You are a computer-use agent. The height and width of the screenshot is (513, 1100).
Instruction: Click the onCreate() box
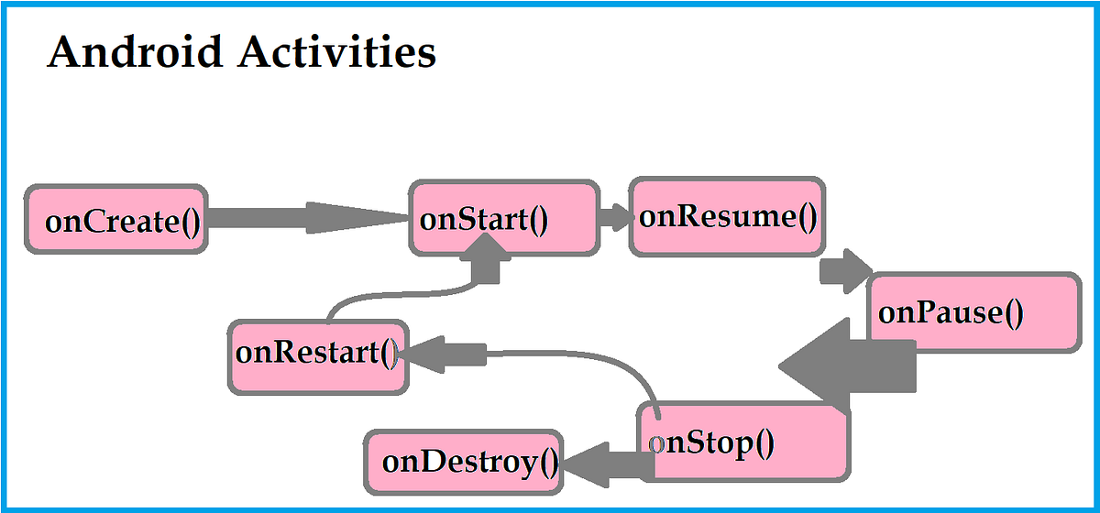[x=116, y=219]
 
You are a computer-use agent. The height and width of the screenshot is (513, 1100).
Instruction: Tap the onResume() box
[x=727, y=217]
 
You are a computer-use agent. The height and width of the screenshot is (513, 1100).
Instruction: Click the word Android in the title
[x=134, y=52]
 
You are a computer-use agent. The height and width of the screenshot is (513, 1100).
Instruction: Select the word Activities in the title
[x=336, y=52]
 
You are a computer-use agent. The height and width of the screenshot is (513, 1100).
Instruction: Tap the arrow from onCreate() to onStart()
[x=307, y=218]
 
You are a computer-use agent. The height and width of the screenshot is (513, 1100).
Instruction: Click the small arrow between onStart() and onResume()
[x=615, y=218]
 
